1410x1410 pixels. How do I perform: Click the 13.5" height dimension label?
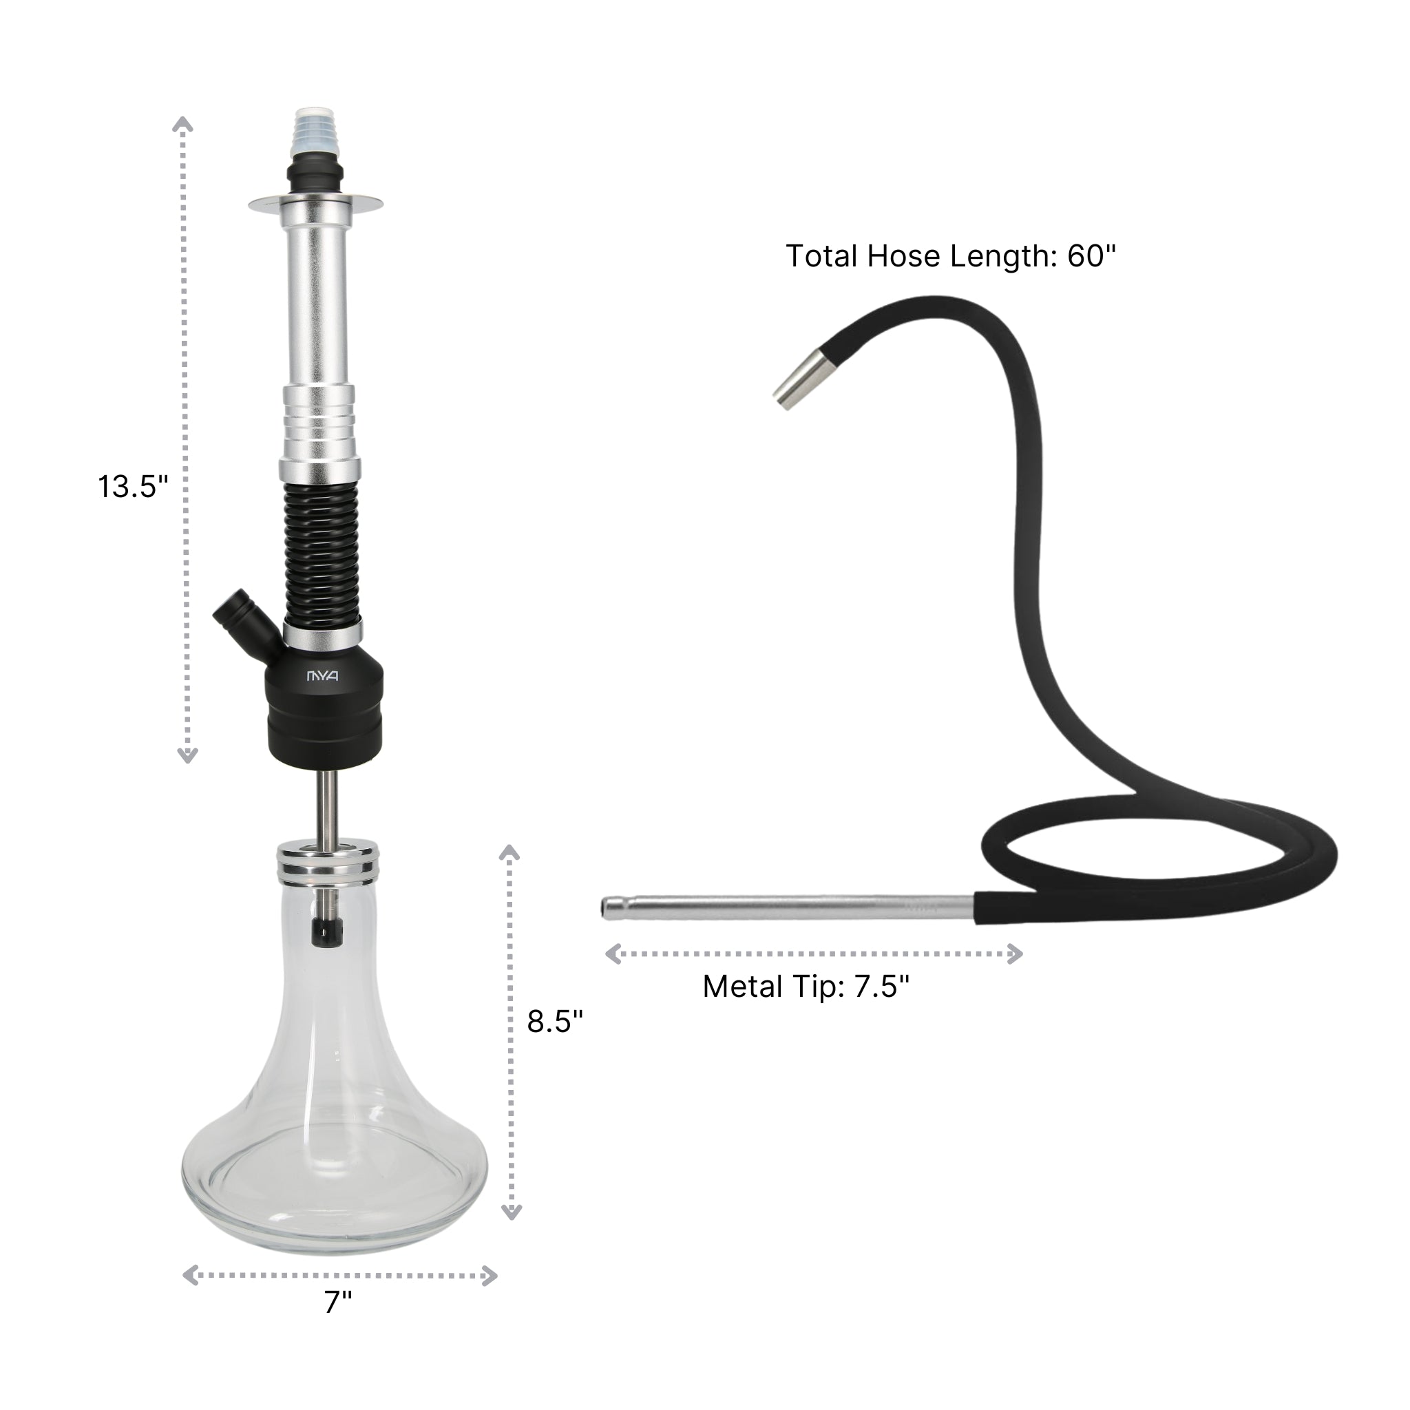tap(133, 487)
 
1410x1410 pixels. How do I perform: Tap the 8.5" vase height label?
tap(555, 1021)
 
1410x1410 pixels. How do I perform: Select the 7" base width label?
tap(338, 1322)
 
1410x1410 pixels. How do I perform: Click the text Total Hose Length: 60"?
tap(950, 257)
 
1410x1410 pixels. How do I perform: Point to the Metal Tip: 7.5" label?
tap(806, 987)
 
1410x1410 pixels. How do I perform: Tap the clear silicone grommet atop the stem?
tap(315, 132)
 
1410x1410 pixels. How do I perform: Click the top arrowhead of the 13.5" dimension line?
tap(183, 125)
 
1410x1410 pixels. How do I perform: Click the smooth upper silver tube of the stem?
tap(317, 299)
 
